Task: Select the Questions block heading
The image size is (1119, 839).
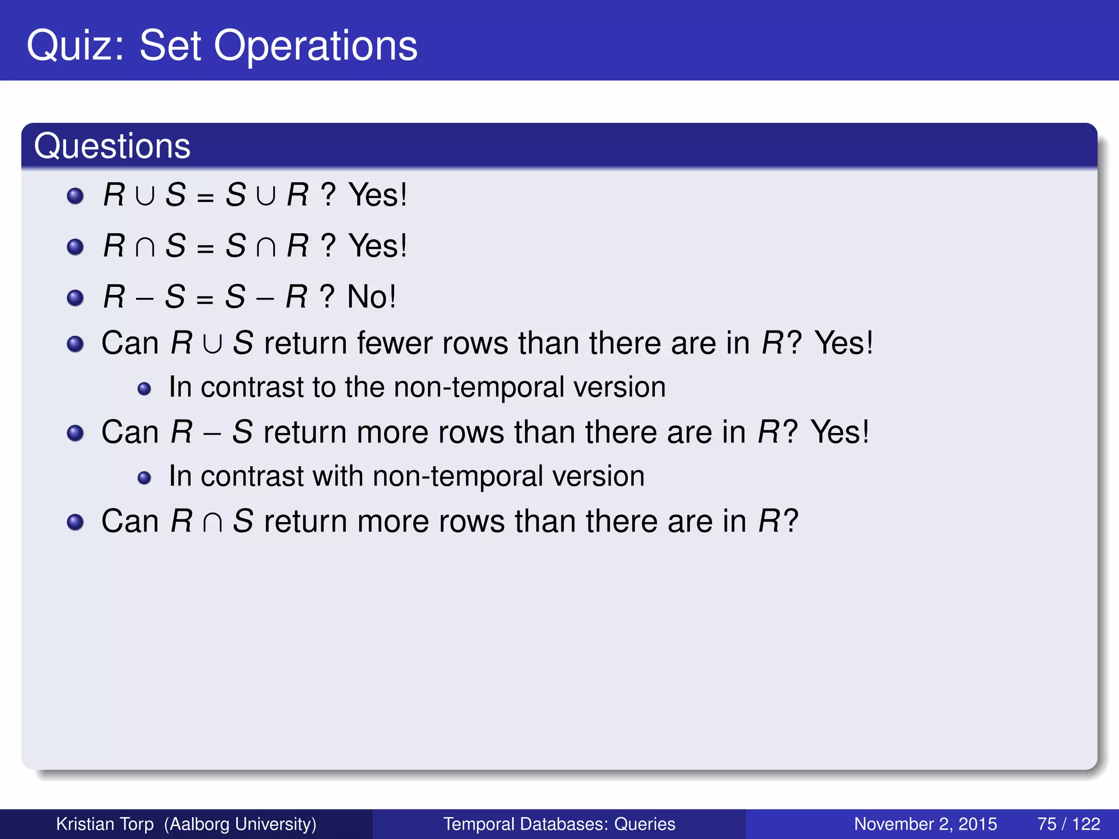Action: [x=112, y=146]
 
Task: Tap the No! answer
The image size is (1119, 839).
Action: [x=372, y=297]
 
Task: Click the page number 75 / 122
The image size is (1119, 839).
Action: [x=1068, y=824]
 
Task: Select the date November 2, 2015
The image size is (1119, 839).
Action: [x=925, y=824]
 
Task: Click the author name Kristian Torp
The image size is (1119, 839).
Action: [x=105, y=824]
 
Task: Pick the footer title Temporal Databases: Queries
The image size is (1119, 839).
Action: [x=559, y=824]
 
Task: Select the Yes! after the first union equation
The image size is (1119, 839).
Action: [x=378, y=195]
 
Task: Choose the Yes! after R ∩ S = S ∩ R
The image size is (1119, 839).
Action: [x=378, y=246]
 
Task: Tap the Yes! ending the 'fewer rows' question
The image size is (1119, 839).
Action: [x=844, y=344]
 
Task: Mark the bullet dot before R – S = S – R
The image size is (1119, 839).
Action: [x=75, y=298]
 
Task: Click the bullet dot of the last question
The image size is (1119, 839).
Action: [x=75, y=522]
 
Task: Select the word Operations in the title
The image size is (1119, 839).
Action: [x=315, y=46]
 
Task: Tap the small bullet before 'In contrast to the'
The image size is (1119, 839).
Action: [x=144, y=389]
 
